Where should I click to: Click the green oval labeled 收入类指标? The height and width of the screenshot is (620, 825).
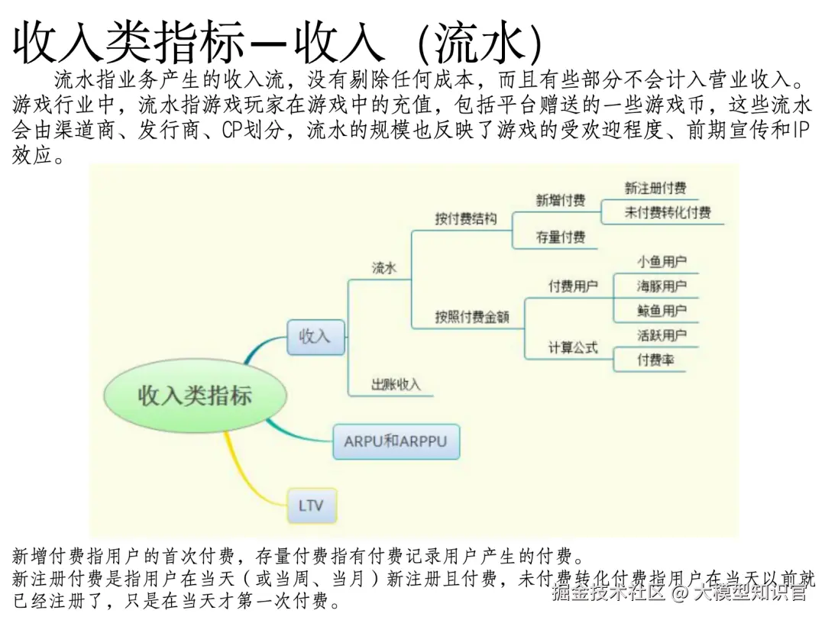pyautogui.click(x=195, y=396)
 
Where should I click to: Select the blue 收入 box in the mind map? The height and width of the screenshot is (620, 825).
pyautogui.click(x=315, y=336)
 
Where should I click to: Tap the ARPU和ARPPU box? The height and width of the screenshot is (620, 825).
pyautogui.click(x=396, y=441)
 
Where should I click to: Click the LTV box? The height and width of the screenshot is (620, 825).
pyautogui.click(x=311, y=505)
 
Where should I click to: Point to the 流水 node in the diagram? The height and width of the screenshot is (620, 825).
pyautogui.click(x=384, y=268)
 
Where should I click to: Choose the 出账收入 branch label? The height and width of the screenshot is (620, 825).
pyautogui.click(x=396, y=385)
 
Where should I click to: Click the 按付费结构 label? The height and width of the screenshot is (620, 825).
pyautogui.click(x=466, y=219)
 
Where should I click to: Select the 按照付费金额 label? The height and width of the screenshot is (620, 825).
pyautogui.click(x=472, y=317)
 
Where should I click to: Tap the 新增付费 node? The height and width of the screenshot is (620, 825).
pyautogui.click(x=561, y=201)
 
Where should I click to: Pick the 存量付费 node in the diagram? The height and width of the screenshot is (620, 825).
pyautogui.click(x=561, y=237)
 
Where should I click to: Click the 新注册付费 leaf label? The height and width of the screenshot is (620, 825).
pyautogui.click(x=655, y=188)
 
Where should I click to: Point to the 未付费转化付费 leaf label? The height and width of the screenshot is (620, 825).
pyautogui.click(x=668, y=213)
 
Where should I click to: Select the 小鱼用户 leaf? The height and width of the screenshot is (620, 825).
pyautogui.click(x=662, y=262)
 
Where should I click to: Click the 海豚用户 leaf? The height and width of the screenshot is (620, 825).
pyautogui.click(x=662, y=286)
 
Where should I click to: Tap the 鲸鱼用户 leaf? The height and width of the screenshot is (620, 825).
pyautogui.click(x=662, y=311)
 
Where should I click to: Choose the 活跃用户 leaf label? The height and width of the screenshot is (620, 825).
pyautogui.click(x=662, y=335)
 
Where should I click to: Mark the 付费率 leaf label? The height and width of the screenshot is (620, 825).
pyautogui.click(x=656, y=360)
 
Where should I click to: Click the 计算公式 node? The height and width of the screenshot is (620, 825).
pyautogui.click(x=573, y=347)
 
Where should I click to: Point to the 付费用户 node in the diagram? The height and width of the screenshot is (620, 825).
pyautogui.click(x=573, y=286)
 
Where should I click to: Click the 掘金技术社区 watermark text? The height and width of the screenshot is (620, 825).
pyautogui.click(x=609, y=592)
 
